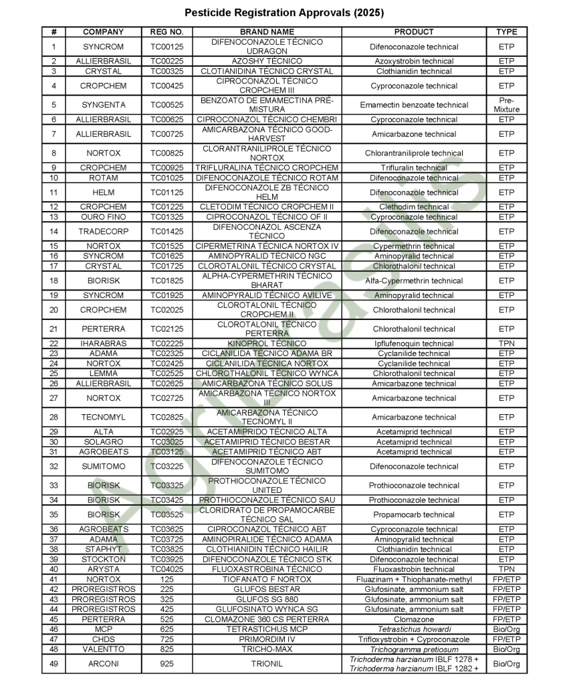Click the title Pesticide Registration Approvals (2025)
pyautogui.click(x=284, y=13)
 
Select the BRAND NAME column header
pyautogui.click(x=267, y=31)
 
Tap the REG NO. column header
pyautogui.click(x=166, y=31)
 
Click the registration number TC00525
pyautogui.click(x=166, y=105)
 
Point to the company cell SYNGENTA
pyautogui.click(x=103, y=105)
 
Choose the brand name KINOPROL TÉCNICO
pyautogui.click(x=267, y=343)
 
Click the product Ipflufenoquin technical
pyautogui.click(x=414, y=343)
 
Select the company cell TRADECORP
pyautogui.click(x=103, y=232)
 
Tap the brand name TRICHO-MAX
pyautogui.click(x=267, y=649)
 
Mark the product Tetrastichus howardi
pyautogui.click(x=414, y=629)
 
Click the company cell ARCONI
pyautogui.click(x=103, y=664)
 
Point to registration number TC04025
pyautogui.click(x=166, y=569)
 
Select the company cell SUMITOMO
pyautogui.click(x=103, y=466)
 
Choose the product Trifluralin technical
pyautogui.click(x=414, y=168)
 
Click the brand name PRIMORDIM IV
pyautogui.click(x=267, y=639)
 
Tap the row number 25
pyautogui.click(x=53, y=373)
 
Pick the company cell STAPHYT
pyautogui.click(x=103, y=549)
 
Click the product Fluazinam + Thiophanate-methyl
pyautogui.click(x=414, y=579)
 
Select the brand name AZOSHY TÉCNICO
pyautogui.click(x=267, y=61)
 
